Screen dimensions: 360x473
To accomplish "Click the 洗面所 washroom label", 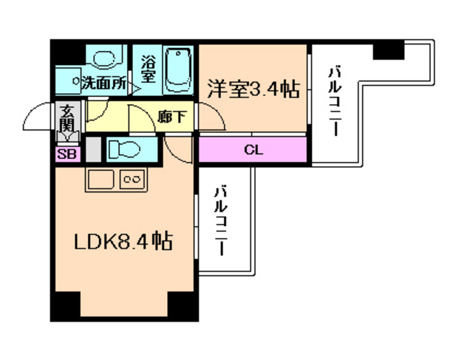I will [103, 83].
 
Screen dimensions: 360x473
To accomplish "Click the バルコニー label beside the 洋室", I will [333, 101].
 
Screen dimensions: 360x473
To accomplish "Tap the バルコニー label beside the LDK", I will [220, 220].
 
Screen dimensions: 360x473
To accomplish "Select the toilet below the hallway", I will [123, 149].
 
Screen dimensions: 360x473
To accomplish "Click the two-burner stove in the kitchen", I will [132, 180].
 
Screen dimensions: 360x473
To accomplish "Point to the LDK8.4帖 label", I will [123, 241].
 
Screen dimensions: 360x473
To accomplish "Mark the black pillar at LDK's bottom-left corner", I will [63, 305].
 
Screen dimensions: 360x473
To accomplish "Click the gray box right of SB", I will [92, 150].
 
